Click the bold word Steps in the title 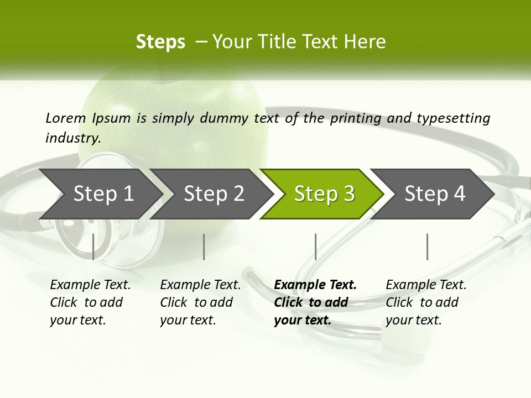pos(160,41)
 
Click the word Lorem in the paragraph pos(66,118)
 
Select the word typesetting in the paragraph pos(453,118)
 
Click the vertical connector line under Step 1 pos(93,247)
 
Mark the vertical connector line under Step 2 pos(204,247)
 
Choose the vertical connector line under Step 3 pos(315,247)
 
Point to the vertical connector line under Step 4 pos(427,247)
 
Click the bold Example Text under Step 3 pos(315,285)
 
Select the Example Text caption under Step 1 pos(90,285)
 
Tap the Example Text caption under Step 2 pos(200,285)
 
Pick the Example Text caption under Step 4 pos(426,285)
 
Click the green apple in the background pos(183,105)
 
